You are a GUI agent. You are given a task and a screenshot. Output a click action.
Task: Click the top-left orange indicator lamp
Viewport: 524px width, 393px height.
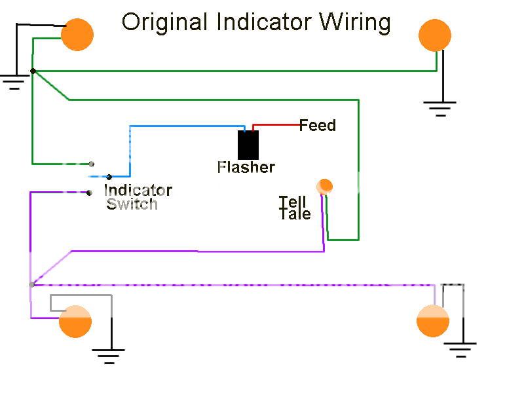77,35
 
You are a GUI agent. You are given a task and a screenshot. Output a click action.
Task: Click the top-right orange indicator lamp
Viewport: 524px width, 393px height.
434,35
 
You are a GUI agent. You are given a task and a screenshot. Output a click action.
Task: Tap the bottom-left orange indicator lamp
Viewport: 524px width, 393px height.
75,322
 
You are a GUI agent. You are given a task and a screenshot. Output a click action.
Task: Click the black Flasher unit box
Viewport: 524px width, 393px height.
248,145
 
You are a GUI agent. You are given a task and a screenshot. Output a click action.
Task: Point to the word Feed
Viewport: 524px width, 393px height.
318,125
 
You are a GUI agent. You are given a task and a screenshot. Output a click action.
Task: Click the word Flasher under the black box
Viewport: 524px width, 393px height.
246,167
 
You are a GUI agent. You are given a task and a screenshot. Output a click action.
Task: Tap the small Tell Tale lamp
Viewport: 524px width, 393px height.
324,187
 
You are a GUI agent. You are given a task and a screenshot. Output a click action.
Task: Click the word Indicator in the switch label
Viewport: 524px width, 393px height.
138,191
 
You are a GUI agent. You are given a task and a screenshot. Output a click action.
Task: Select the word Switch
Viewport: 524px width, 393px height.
132,204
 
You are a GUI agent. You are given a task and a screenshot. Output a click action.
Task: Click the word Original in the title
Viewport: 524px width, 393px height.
164,22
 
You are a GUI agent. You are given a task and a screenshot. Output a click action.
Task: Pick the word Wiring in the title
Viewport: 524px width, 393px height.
355,22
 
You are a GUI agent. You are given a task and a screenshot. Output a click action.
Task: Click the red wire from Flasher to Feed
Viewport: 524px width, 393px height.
275,124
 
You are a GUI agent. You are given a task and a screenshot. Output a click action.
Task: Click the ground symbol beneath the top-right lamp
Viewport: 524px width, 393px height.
440,107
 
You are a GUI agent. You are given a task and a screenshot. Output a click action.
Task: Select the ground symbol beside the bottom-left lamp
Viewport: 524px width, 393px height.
109,356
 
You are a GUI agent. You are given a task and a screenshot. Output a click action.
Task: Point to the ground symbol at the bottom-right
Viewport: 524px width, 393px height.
462,348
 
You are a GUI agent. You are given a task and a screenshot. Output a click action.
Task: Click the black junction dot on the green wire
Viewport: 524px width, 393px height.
33,71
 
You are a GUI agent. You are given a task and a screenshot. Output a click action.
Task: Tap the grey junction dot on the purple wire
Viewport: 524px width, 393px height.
31,284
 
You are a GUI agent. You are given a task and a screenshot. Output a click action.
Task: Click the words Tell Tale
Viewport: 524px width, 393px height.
295,208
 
